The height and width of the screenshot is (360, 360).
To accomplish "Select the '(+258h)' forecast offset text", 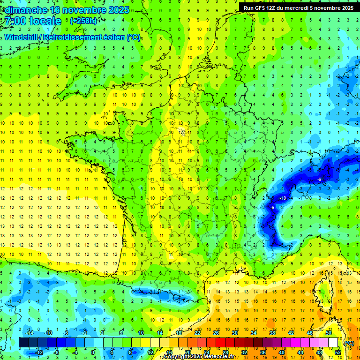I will coord(84,21).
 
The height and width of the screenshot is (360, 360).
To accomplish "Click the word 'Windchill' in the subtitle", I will coord(23,37).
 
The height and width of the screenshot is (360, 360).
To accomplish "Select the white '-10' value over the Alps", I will coord(283,198).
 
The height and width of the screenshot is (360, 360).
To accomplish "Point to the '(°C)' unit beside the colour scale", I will coord(349,343).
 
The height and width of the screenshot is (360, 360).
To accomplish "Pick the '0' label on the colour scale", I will coord(92,352).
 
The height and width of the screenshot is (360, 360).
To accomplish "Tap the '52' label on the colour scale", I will coord(337,352).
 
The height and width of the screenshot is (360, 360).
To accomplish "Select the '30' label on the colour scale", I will coord(234,333).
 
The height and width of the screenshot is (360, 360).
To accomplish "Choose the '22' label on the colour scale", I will coord(197,333).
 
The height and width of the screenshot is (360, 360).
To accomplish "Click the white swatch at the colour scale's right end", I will coord(333,343).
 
